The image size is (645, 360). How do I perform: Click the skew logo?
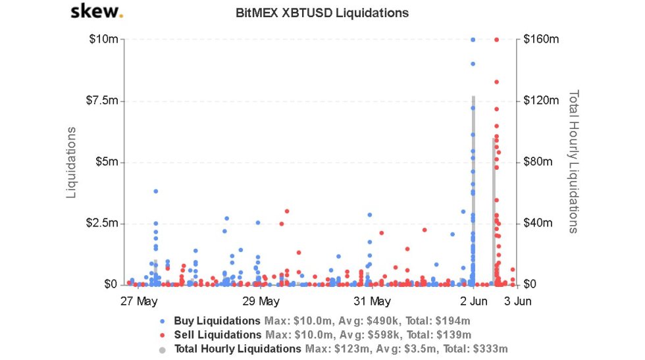point(96,12)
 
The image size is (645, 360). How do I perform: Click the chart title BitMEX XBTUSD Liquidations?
point(322,13)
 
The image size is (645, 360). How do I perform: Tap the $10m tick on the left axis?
point(104,39)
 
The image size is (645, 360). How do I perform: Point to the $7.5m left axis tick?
point(103,101)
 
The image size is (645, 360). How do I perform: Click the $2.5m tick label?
point(103,223)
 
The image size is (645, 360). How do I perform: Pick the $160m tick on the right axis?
point(541,39)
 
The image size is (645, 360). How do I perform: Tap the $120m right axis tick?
point(541,101)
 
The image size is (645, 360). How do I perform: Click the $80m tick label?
point(539,162)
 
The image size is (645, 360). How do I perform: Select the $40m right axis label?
point(539,223)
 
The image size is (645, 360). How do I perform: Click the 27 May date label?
point(139,302)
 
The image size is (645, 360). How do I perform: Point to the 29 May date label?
point(261,302)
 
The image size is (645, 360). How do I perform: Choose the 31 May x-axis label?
point(372,302)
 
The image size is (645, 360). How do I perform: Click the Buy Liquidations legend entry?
point(217,321)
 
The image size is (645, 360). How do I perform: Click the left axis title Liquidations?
point(71,162)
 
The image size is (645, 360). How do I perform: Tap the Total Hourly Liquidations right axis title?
point(573,162)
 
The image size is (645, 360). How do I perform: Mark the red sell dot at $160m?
point(496,39)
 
